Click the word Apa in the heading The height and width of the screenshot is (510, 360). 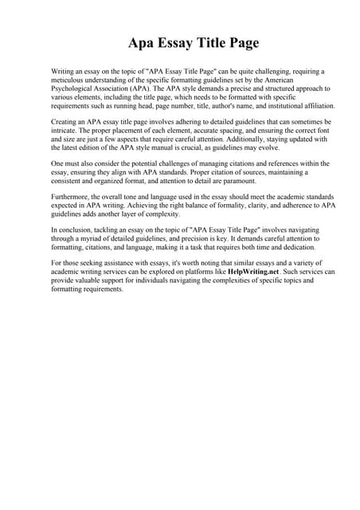(143, 42)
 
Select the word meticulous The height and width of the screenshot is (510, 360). (72, 80)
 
